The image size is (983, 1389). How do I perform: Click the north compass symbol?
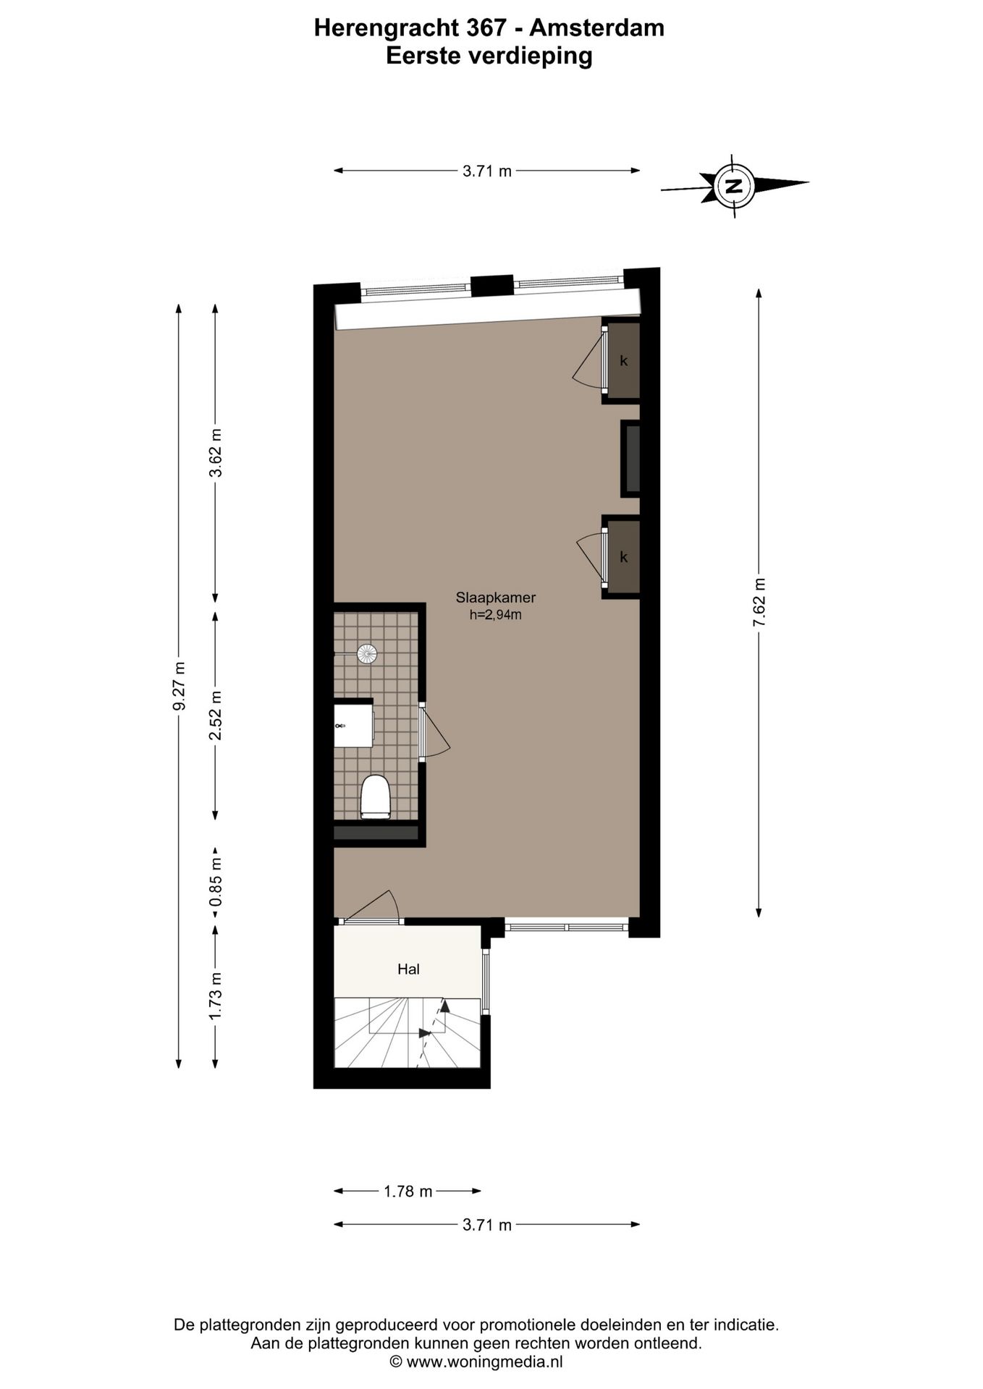734,186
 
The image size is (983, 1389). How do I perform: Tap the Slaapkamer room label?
495,598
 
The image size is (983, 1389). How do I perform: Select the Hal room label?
408,969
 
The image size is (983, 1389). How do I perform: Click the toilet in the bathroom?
375,797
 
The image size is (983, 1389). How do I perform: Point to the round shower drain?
367,654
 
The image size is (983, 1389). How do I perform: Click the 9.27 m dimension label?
179,685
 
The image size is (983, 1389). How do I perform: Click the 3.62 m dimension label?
215,453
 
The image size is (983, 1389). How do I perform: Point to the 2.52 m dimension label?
215,715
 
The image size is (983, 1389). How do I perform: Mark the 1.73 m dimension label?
215,996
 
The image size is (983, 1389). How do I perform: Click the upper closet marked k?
623,361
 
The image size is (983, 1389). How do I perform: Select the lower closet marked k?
623,557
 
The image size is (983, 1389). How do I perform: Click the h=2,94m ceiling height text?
495,616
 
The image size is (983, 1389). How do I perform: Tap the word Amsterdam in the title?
596,28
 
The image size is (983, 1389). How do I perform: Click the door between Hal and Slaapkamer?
371,909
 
